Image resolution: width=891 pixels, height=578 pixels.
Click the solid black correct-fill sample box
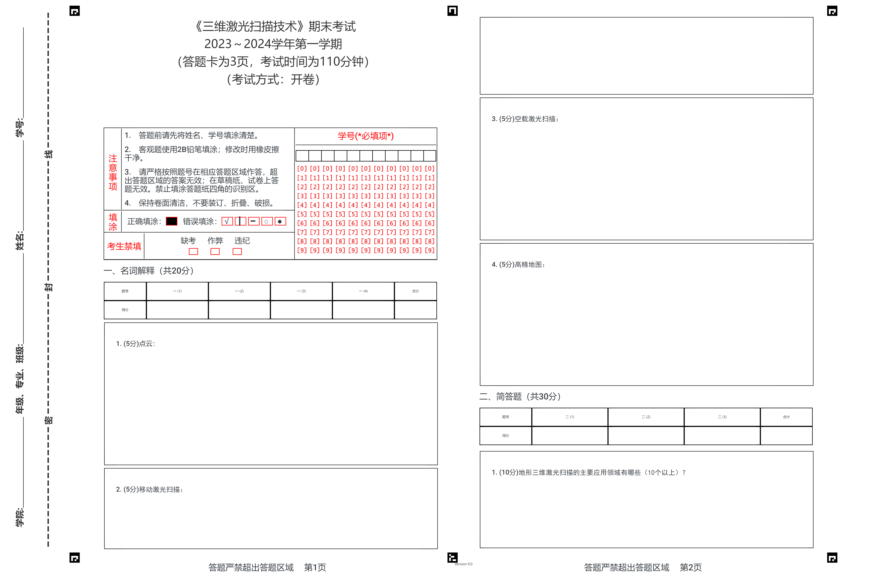(x=172, y=221)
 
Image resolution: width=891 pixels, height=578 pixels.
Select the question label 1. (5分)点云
(x=135, y=344)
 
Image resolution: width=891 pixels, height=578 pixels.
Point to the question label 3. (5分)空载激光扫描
(x=525, y=119)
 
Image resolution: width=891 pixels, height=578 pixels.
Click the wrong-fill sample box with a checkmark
(x=227, y=221)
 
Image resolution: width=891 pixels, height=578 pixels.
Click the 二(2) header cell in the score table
(x=646, y=417)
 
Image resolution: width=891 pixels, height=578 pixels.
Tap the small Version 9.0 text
(x=464, y=564)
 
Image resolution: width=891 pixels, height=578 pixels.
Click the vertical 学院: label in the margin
(x=19, y=517)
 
